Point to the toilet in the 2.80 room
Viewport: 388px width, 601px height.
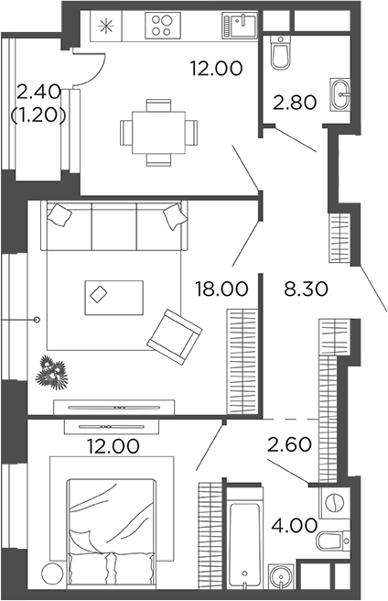pos(280,56)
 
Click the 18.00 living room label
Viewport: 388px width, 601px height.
pos(221,289)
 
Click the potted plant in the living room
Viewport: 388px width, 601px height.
pos(50,372)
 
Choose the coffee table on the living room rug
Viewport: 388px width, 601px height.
pos(113,297)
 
